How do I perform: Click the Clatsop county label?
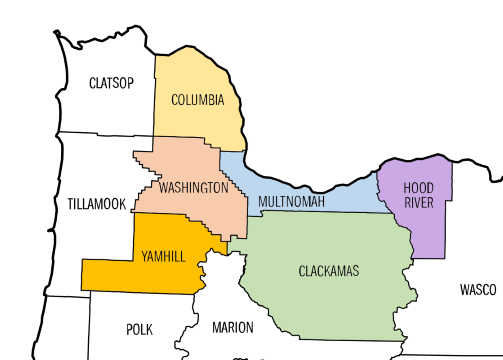111,82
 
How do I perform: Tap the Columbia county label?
197,100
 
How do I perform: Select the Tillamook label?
96,204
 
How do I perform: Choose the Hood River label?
418,194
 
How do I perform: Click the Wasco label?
478,290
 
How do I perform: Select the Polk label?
139,328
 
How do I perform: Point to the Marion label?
233,327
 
